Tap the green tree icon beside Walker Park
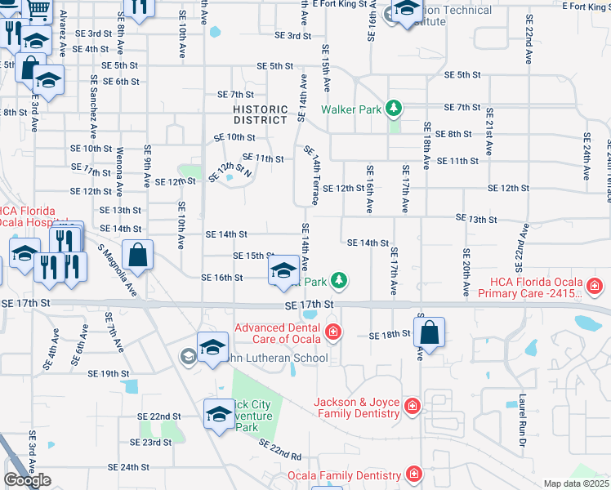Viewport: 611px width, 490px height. click(x=394, y=108)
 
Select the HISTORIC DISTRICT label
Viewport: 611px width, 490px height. click(x=261, y=114)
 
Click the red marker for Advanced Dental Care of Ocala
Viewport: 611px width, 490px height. click(x=332, y=332)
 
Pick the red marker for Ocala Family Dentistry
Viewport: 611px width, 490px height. click(x=414, y=474)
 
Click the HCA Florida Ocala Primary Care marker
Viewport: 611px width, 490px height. click(x=594, y=286)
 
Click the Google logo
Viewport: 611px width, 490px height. click(x=27, y=480)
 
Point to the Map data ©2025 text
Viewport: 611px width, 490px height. click(x=577, y=483)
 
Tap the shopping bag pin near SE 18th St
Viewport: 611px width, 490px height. click(x=429, y=332)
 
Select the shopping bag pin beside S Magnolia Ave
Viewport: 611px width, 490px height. click(x=137, y=254)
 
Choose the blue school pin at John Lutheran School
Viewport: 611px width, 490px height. click(x=212, y=347)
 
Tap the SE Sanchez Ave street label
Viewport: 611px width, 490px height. click(x=95, y=106)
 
